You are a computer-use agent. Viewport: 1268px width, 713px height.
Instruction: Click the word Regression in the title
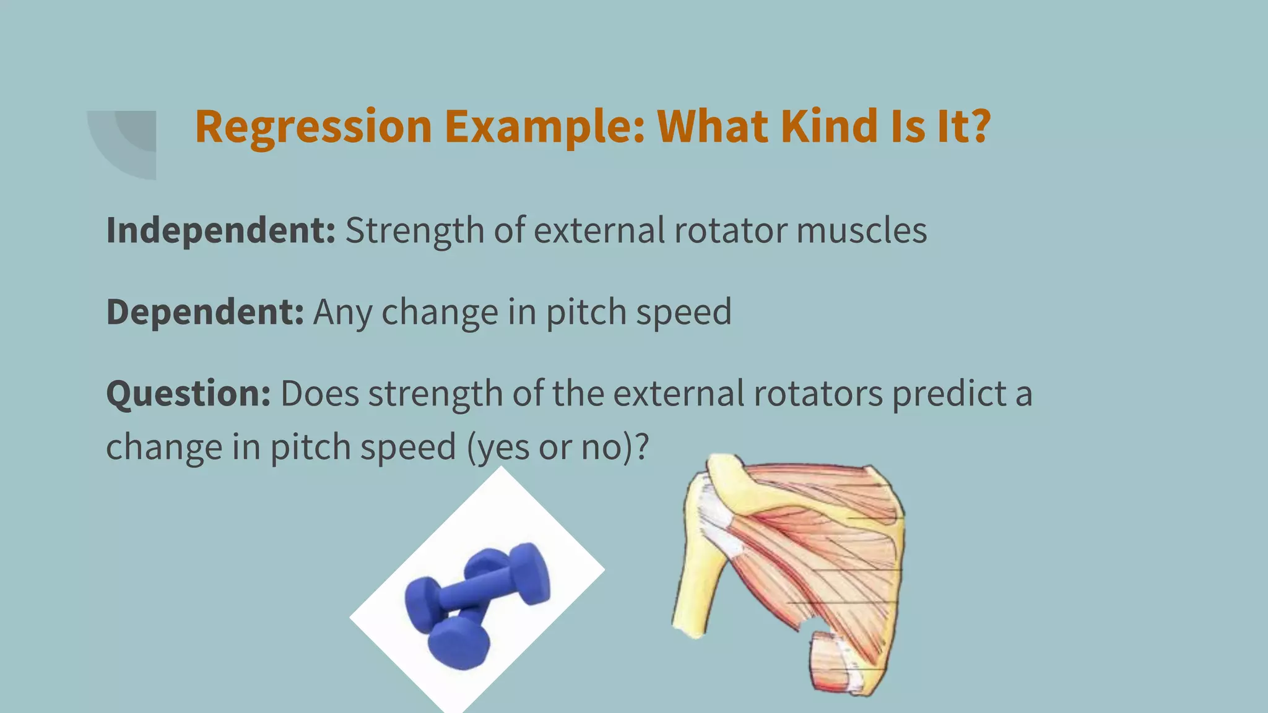(x=313, y=127)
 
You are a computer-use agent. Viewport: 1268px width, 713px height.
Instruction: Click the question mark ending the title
(x=978, y=126)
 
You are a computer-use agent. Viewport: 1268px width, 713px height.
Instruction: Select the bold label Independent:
(x=220, y=230)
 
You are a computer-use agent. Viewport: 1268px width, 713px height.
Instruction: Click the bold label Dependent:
(x=205, y=311)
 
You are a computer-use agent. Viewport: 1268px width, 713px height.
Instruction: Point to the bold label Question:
(x=188, y=394)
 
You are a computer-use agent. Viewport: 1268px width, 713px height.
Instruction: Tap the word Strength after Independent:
(x=414, y=230)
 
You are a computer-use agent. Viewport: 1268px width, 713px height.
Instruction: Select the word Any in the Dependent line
(x=342, y=311)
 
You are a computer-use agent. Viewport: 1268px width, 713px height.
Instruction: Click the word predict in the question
(x=949, y=394)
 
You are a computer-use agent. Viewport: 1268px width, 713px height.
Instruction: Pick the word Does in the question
(x=319, y=394)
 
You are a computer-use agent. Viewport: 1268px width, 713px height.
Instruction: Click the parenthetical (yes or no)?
(x=557, y=447)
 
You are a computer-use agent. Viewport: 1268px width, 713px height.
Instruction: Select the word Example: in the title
(x=545, y=127)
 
